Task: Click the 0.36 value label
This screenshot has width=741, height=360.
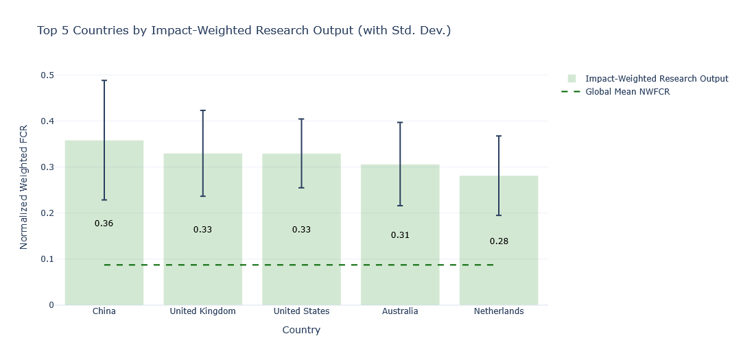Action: click(104, 224)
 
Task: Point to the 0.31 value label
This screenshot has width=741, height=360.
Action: click(400, 235)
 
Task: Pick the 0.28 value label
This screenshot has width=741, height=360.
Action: click(499, 241)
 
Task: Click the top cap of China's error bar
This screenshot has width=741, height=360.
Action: click(104, 80)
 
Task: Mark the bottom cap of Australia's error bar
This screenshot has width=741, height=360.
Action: click(400, 206)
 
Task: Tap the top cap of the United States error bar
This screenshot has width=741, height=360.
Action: click(301, 119)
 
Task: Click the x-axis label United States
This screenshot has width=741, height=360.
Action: click(301, 311)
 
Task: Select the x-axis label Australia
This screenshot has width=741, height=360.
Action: click(400, 311)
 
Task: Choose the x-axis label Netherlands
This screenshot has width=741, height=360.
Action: click(499, 311)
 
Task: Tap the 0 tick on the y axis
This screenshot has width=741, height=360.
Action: click(51, 305)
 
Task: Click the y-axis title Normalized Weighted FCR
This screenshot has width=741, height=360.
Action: click(24, 187)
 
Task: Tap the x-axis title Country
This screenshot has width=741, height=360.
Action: click(301, 330)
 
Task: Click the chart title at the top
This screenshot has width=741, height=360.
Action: click(244, 31)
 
